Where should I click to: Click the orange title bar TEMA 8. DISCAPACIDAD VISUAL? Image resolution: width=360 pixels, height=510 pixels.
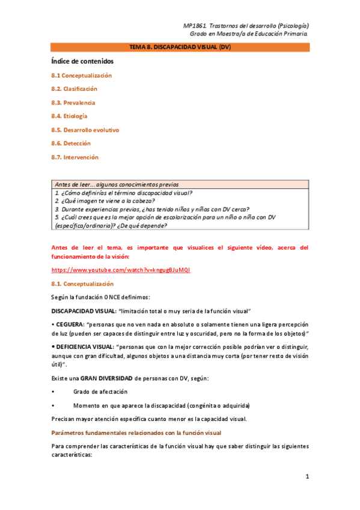[x=180, y=46]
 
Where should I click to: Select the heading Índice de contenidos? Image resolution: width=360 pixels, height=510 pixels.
[x=82, y=61]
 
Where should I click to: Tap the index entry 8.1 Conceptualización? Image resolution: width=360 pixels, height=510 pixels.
[x=81, y=76]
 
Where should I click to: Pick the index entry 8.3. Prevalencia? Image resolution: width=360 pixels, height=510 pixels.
[x=73, y=103]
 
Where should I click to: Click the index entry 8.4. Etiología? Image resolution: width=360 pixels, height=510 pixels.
[x=69, y=116]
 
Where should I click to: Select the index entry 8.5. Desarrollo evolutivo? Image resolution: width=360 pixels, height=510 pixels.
[x=85, y=130]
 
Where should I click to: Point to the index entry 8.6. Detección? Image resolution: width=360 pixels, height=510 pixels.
[x=71, y=144]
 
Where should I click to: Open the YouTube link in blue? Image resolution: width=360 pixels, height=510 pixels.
[x=121, y=270]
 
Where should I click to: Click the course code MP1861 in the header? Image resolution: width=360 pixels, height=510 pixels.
[x=194, y=26]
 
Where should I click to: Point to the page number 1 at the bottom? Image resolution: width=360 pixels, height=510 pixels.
[x=307, y=477]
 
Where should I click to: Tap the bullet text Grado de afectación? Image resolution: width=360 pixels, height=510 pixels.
[x=100, y=392]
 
